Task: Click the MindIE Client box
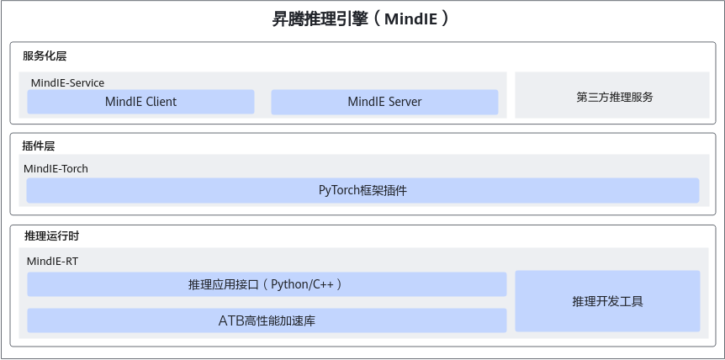tap(140, 102)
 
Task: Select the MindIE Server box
tap(384, 102)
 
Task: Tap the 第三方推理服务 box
tap(612, 95)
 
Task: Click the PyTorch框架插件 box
tap(363, 190)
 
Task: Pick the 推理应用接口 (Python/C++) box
tap(267, 284)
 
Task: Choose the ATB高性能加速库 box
tap(267, 320)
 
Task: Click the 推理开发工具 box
tap(607, 301)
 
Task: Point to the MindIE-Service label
tap(67, 83)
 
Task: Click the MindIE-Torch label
tap(56, 169)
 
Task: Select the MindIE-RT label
tap(53, 261)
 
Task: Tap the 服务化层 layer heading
tap(45, 56)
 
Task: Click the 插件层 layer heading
tap(39, 146)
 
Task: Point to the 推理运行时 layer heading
tap(52, 236)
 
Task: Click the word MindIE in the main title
tap(410, 19)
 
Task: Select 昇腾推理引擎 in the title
tap(320, 19)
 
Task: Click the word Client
tap(161, 102)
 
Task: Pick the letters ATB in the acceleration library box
tap(230, 320)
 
